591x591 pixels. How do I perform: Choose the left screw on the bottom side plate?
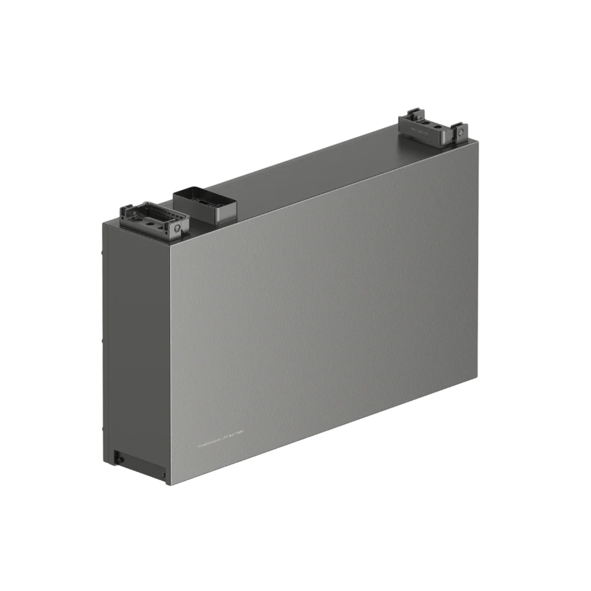tap(119, 456)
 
